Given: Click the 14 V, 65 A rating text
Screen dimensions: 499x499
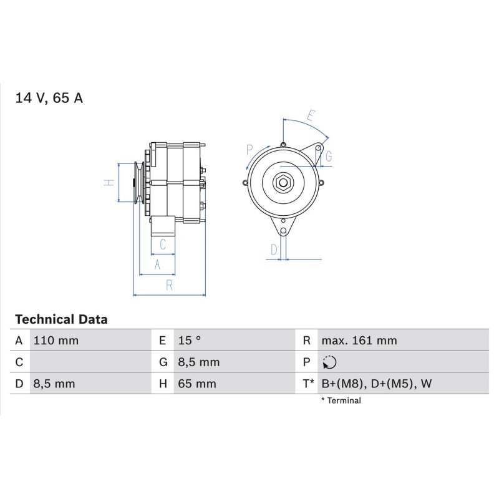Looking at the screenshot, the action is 49,98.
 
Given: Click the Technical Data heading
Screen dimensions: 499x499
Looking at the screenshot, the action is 61,319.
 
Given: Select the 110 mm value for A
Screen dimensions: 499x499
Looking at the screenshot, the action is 56,341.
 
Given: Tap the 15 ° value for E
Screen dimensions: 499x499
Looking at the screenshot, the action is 190,341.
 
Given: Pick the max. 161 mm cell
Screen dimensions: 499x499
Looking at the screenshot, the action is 359,341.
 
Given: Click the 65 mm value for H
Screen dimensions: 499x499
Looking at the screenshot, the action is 197,384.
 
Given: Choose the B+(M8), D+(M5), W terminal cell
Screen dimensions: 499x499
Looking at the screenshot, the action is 377,384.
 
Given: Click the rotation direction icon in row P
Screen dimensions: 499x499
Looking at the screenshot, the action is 329,362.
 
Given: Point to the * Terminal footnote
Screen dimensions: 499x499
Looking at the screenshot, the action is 341,400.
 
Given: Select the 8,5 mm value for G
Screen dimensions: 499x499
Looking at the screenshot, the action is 199,362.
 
